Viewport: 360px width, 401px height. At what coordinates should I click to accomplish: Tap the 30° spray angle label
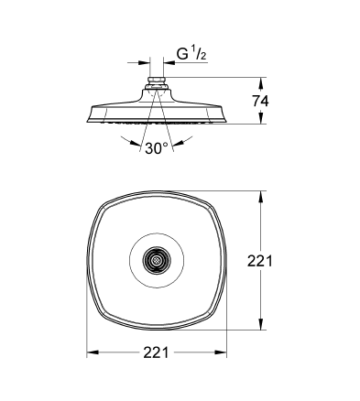coord(155,148)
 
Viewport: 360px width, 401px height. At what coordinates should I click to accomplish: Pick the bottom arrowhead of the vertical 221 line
coord(266,328)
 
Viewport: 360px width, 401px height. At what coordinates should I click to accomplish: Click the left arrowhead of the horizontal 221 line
coord(92,352)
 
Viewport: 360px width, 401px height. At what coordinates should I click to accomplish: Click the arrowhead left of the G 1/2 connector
coord(147,63)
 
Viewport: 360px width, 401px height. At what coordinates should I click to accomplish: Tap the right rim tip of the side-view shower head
coord(223,116)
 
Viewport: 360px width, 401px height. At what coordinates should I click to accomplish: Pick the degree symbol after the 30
coord(166,145)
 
